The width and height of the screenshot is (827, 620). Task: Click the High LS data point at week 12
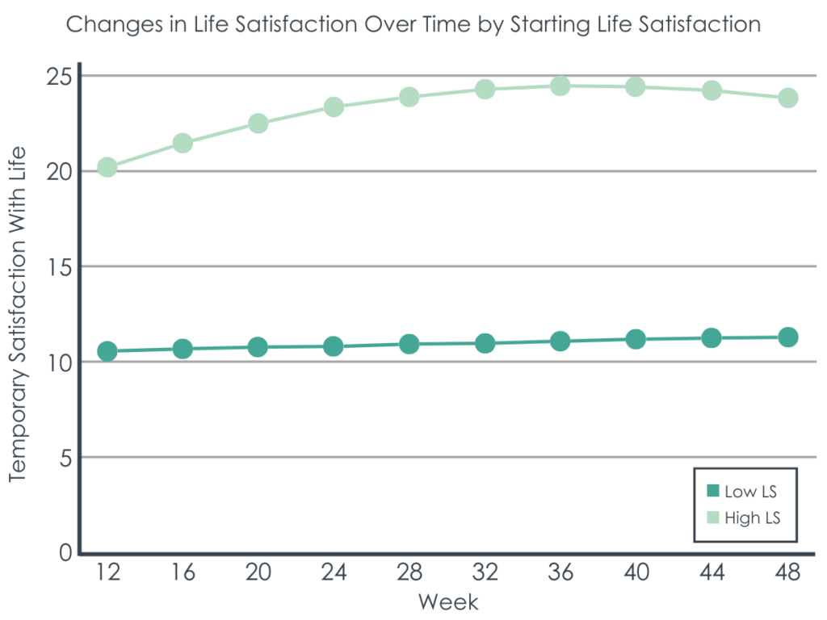point(107,168)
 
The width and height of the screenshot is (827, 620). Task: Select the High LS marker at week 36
point(560,86)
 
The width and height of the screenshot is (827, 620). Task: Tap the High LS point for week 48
point(787,98)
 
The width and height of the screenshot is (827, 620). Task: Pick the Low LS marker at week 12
point(107,351)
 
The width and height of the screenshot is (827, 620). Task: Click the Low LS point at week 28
point(409,344)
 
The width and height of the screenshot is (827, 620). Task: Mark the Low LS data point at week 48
point(787,337)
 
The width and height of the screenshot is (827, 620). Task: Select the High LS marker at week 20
point(258,124)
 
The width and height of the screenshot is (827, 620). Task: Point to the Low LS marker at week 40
point(636,339)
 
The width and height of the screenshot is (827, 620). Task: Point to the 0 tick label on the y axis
point(65,553)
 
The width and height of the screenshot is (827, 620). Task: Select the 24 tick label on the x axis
point(334,572)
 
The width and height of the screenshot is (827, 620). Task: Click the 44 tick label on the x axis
point(712,572)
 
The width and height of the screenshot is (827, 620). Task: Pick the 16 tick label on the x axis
point(183,572)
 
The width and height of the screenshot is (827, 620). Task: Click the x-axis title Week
point(448,602)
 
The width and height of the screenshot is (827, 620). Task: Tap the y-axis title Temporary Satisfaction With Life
point(18,314)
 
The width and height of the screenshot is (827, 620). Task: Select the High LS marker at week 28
point(409,97)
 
